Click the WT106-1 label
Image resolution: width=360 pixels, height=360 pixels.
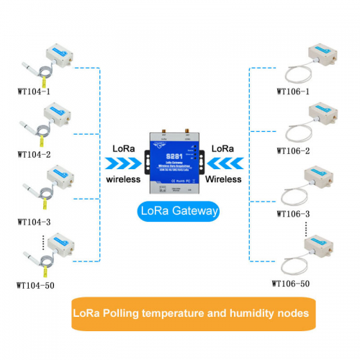coord(294,91)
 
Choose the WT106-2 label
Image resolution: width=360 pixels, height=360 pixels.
coord(294,152)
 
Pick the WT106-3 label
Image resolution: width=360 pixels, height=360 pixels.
coord(294,215)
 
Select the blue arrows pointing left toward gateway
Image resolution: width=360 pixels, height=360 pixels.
coord(230,163)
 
